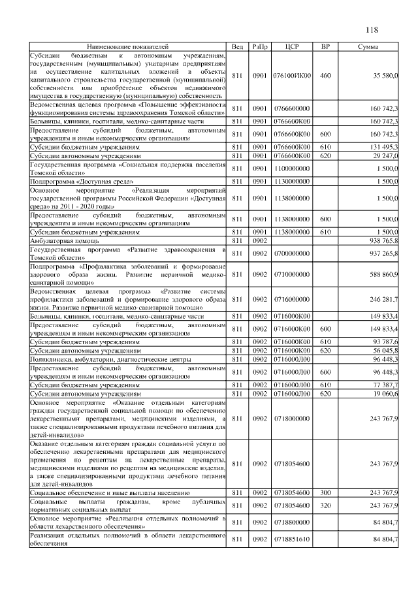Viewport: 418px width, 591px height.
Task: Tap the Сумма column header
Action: coord(370,47)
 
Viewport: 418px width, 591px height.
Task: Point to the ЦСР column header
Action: coord(292,47)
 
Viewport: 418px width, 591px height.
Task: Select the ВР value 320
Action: coord(325,505)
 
